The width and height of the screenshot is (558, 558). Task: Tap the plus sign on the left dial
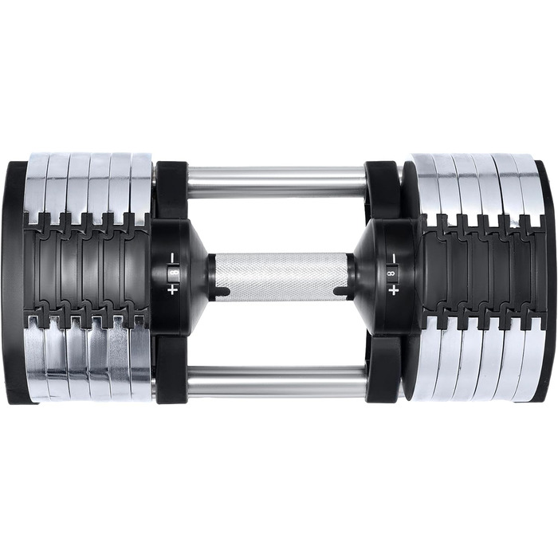[173, 291]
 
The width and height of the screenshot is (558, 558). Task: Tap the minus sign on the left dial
[173, 257]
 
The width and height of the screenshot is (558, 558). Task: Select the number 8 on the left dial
[173, 273]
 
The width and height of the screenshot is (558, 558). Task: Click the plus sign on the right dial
[393, 291]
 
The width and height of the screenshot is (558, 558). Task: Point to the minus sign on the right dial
[393, 257]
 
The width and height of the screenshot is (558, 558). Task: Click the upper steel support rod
[277, 183]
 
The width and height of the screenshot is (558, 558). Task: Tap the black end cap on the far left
[17, 282]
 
